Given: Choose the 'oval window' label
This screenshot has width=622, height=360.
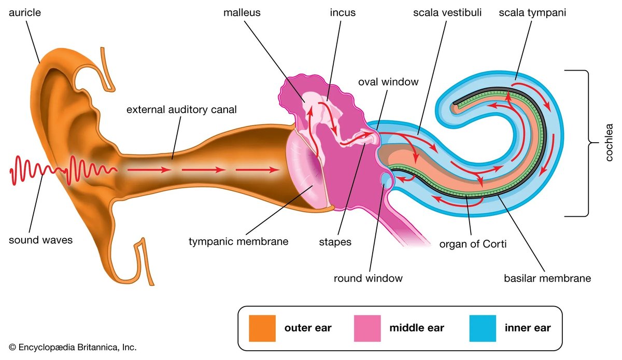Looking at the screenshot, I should coord(388,81).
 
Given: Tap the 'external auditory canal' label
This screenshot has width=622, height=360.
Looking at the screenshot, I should coord(181,109).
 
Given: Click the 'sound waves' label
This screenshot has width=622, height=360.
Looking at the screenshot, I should coord(41,240).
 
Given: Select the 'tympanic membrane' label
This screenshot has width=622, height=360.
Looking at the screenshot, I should coord(238,241).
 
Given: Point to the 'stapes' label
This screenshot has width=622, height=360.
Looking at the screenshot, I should coord(335,241).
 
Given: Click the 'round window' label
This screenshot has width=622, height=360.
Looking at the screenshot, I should coord(368,278).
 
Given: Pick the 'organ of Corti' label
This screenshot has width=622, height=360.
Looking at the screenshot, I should coord(473,243).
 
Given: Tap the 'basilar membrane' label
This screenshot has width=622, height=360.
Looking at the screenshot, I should coord(547,278).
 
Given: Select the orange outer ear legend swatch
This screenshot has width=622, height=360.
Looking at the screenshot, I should coord(262,328).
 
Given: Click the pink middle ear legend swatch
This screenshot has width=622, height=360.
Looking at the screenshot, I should coord(367,328).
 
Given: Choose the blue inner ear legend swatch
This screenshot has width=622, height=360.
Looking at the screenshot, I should coord(483,328).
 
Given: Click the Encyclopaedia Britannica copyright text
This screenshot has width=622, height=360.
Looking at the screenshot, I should coord(73,347).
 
